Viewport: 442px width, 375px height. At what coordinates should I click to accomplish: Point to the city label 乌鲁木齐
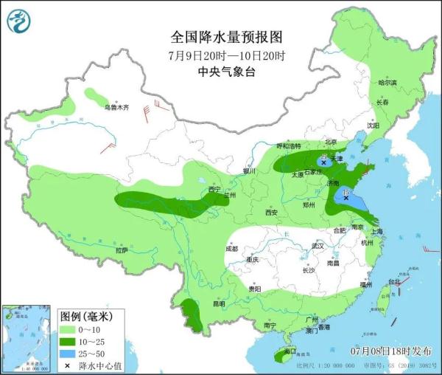(116, 108)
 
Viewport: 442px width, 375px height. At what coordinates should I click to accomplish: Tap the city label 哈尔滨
(387, 83)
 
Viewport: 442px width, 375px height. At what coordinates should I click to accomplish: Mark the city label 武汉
(318, 246)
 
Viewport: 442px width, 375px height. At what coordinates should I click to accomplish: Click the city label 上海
(377, 231)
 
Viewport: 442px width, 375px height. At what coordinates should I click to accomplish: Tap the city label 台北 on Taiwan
(395, 281)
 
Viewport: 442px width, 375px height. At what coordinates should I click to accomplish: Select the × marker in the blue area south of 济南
(345, 197)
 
